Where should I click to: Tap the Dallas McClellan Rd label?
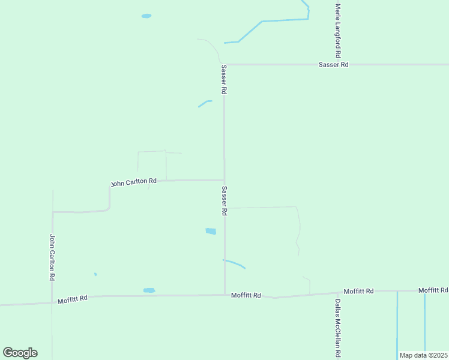pos(338,328)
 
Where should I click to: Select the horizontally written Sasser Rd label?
pos(333,64)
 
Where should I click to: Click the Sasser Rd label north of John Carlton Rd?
pos(224,79)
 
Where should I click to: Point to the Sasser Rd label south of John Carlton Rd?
pos(224,200)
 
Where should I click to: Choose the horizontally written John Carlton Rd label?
pos(134,182)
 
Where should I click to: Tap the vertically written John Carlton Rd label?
pos(53,258)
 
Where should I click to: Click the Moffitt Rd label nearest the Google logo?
pos(73,298)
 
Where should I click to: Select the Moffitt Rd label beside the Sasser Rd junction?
pos(246,295)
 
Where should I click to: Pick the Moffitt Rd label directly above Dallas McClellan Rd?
pos(358,291)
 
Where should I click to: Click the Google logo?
pos(20,353)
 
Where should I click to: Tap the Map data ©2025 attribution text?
pos(423,355)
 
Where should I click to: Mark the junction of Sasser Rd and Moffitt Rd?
pos(224,294)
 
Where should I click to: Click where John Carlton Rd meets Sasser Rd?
pos(224,180)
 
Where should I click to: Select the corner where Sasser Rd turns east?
pos(224,64)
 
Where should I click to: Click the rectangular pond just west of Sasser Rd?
pos(211,231)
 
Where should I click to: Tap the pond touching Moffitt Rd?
pos(149,290)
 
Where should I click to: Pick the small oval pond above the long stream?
pos(146,16)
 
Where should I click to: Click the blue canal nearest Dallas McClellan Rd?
pos(397,324)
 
